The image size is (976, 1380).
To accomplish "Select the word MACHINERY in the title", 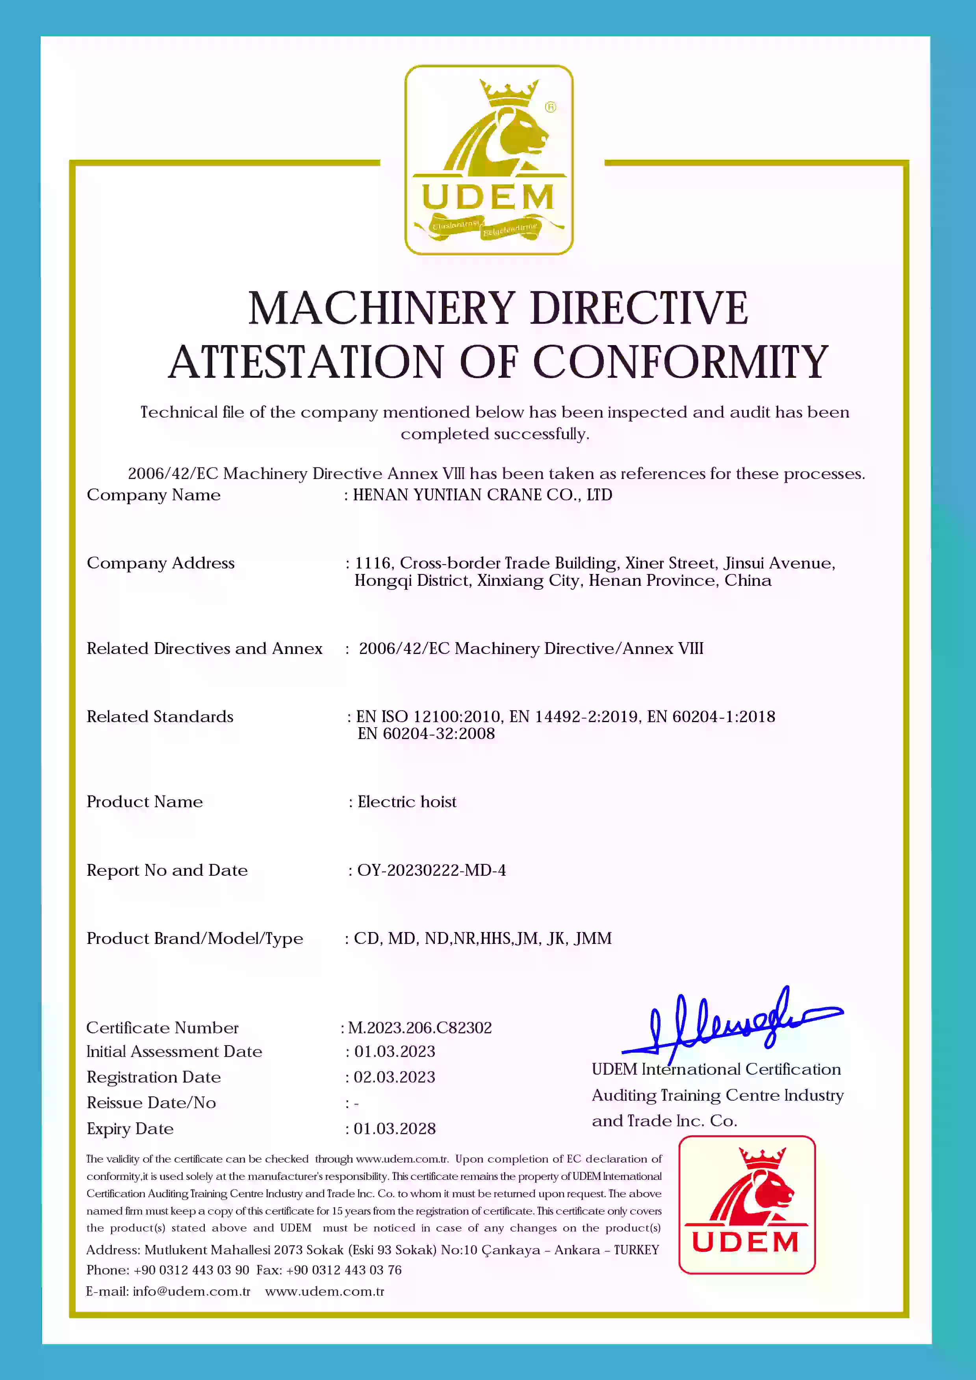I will pos(382,308).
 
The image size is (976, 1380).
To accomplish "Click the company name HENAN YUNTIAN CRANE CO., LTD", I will pos(482,495).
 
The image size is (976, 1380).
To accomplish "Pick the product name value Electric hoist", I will pos(407,802).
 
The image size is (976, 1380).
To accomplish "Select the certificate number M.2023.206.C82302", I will pos(419,1028).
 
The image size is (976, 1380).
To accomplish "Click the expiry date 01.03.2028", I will pos(394,1129).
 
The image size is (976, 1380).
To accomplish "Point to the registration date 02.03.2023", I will pos(394,1077).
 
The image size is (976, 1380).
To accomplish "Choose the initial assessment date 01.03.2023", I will pos(394,1051).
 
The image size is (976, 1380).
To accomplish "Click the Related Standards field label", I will pos(160,717).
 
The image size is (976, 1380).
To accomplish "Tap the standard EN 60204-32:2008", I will pos(426,734).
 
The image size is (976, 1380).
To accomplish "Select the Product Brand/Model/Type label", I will pos(195,938).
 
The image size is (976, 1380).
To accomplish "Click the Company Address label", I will pos(160,563).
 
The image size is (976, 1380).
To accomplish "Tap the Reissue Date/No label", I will pos(151,1103).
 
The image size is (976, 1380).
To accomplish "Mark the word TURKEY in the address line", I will pos(636,1250).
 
